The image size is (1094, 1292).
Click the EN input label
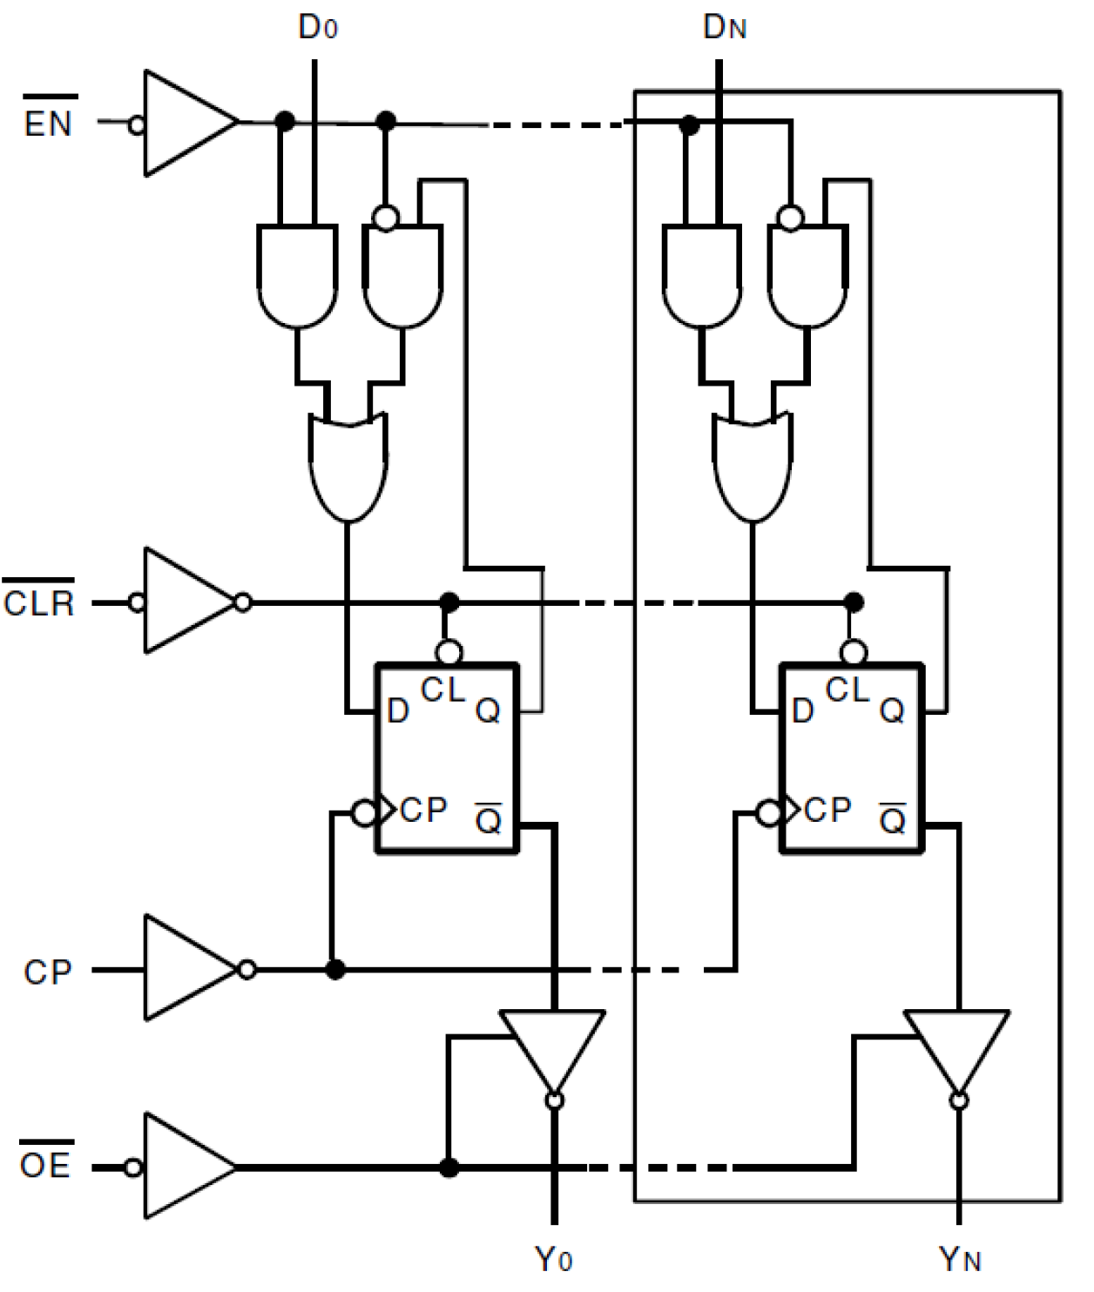48,122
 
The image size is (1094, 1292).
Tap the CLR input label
39,602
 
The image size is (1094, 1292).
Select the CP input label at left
47,972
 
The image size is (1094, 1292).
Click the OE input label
45,1164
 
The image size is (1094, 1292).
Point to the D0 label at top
317,28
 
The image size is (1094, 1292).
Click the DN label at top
724,28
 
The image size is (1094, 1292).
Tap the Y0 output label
554,1259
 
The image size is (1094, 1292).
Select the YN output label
960,1259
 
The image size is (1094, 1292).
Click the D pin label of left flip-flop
398,711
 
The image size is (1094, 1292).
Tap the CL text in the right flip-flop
848,690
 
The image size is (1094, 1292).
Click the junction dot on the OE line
449,1168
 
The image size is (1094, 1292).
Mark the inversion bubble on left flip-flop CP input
364,813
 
